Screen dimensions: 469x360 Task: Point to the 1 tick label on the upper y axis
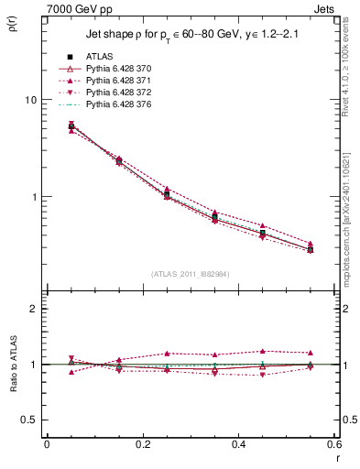tap(35, 197)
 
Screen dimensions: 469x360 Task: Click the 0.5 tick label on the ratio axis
tap(30, 420)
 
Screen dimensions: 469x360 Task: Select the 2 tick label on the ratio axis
tap(35, 309)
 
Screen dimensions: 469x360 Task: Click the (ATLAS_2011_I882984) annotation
tap(190, 274)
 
